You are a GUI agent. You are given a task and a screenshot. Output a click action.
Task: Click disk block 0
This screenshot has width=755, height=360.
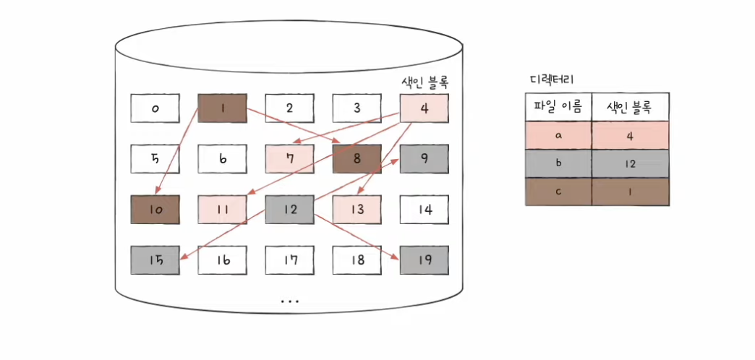click(155, 108)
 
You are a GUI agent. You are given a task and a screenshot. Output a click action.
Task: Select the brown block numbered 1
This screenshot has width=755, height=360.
click(223, 108)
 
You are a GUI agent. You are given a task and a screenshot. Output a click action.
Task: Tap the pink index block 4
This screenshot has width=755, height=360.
click(425, 108)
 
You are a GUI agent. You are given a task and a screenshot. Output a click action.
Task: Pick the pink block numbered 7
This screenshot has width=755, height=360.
click(289, 158)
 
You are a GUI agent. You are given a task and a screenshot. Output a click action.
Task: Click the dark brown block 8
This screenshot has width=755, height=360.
click(357, 158)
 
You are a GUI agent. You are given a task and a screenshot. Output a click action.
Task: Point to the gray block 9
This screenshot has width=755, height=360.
click(425, 158)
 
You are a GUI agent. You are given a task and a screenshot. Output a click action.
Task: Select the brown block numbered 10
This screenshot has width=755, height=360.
click(155, 209)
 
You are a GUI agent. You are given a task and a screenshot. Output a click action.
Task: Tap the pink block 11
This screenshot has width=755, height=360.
click(223, 209)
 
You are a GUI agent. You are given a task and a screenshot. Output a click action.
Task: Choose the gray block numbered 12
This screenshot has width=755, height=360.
click(289, 209)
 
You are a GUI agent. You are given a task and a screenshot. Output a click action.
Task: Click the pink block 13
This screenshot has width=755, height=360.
click(357, 209)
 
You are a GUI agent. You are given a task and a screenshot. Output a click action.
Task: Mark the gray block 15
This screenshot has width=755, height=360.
click(155, 260)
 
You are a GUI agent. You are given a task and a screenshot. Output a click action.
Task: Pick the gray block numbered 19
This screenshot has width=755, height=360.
click(425, 260)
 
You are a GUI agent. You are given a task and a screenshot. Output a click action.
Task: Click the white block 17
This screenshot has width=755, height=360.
click(289, 260)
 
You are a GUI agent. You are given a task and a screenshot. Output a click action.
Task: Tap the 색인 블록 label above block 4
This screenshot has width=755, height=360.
click(425, 82)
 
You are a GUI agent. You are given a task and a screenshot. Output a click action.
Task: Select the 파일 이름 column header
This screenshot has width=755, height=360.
click(558, 107)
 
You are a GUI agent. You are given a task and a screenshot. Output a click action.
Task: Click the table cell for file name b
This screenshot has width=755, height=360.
click(558, 163)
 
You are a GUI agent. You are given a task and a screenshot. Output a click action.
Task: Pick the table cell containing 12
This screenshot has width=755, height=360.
click(630, 163)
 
